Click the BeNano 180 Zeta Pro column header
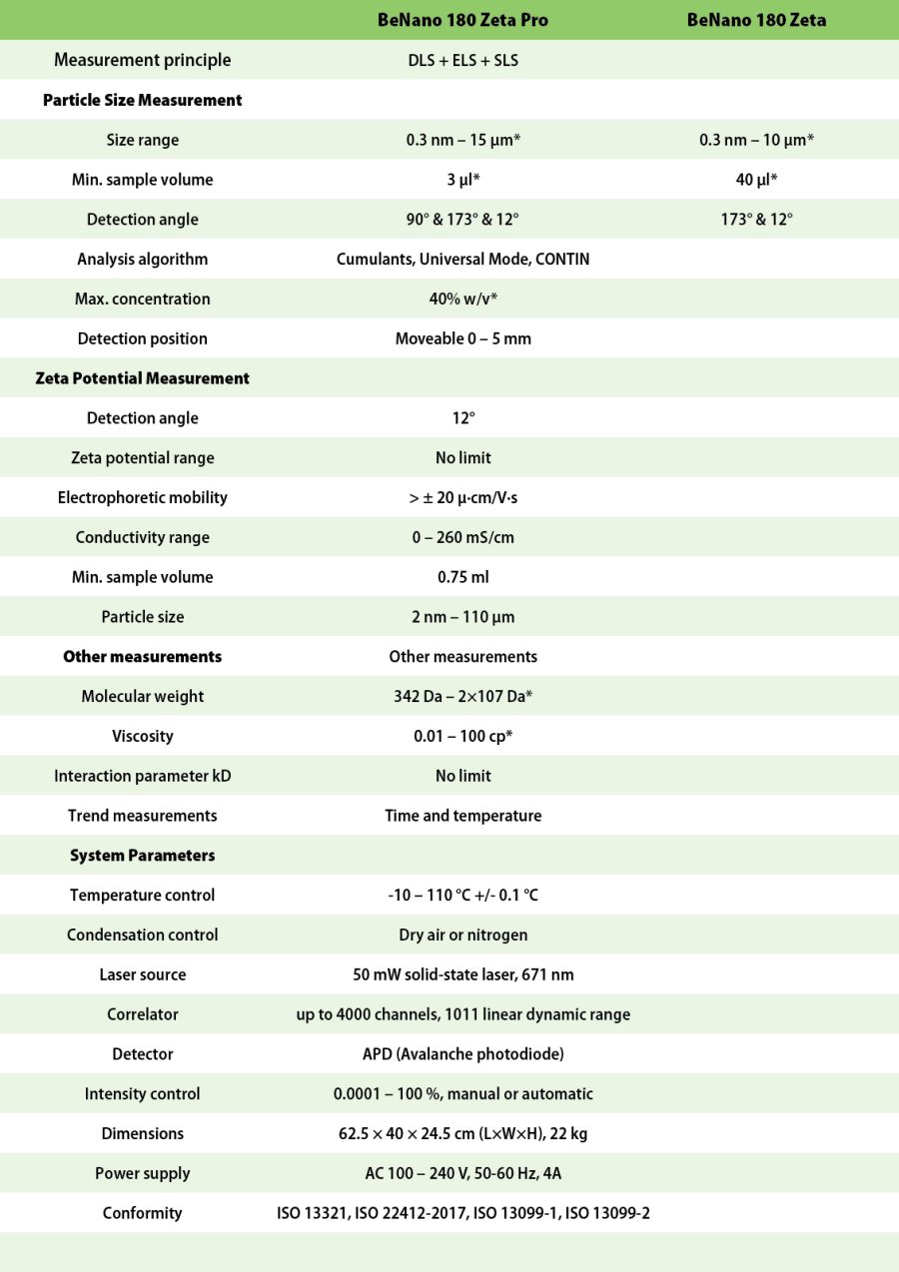(x=462, y=20)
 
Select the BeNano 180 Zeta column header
(x=756, y=20)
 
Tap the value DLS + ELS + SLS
(x=462, y=60)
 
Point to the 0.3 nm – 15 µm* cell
(x=462, y=140)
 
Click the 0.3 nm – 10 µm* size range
(x=756, y=140)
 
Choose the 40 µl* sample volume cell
(x=756, y=180)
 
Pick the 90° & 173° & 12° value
(x=462, y=220)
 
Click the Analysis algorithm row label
(x=143, y=260)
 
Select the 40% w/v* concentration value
(x=462, y=299)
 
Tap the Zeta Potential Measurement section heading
(x=143, y=378)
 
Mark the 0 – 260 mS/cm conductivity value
(x=462, y=537)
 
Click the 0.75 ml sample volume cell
(x=462, y=577)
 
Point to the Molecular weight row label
(x=143, y=696)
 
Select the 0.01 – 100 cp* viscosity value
(x=462, y=736)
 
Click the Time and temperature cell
(x=462, y=816)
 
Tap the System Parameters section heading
(x=143, y=856)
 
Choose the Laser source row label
(x=143, y=974)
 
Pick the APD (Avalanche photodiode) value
(x=462, y=1054)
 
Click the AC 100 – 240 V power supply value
(x=462, y=1173)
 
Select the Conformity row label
(x=143, y=1213)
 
